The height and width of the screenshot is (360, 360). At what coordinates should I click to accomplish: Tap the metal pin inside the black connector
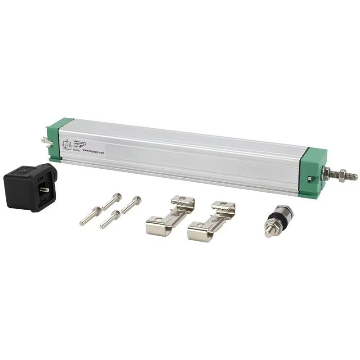point(45,189)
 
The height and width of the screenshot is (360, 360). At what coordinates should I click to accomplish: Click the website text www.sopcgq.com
point(93,152)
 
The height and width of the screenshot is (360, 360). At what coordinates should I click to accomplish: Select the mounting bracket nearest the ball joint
point(211,220)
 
